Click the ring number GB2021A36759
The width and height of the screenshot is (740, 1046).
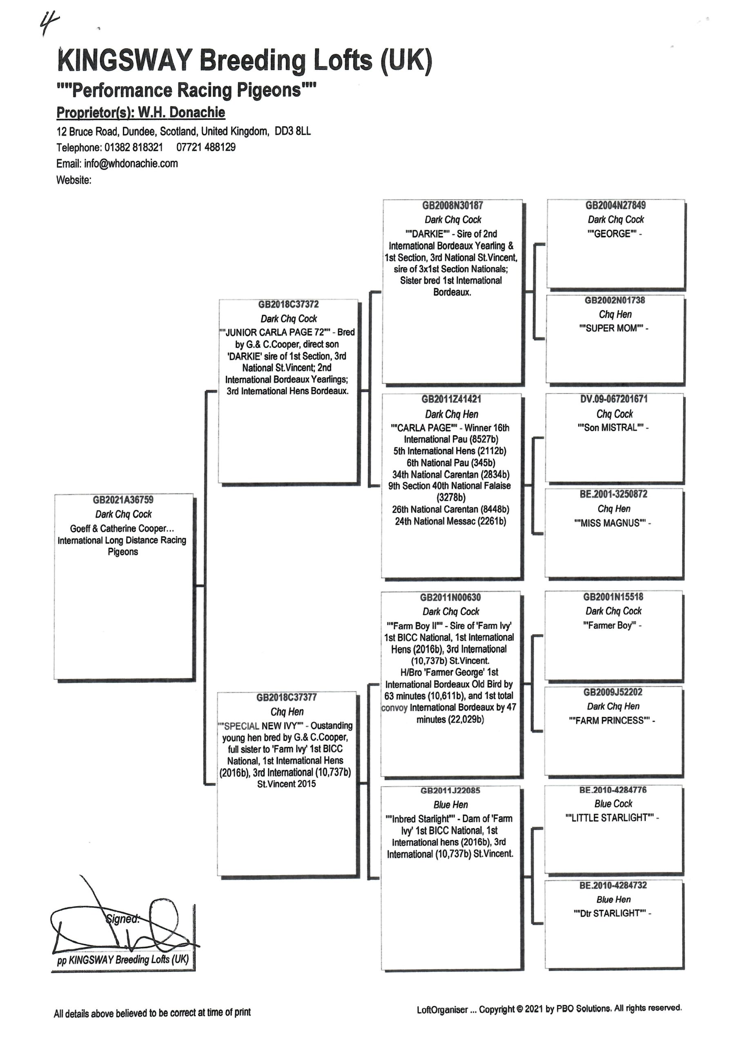click(x=123, y=500)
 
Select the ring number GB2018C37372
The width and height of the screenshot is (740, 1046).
click(x=288, y=304)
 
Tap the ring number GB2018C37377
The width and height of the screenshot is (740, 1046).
click(x=287, y=697)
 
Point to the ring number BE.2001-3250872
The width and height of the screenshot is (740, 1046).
click(x=613, y=494)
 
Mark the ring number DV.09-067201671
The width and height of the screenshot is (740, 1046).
click(x=614, y=399)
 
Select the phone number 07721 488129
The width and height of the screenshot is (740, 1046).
click(x=206, y=147)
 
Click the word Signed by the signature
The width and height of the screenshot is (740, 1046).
click(x=123, y=919)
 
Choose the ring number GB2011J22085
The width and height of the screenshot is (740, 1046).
click(x=450, y=791)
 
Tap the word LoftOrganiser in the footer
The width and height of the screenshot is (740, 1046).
click(x=442, y=1010)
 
